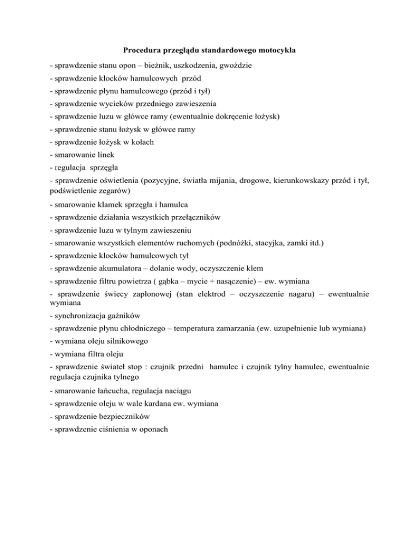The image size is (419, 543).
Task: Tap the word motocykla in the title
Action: [x=276, y=51]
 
